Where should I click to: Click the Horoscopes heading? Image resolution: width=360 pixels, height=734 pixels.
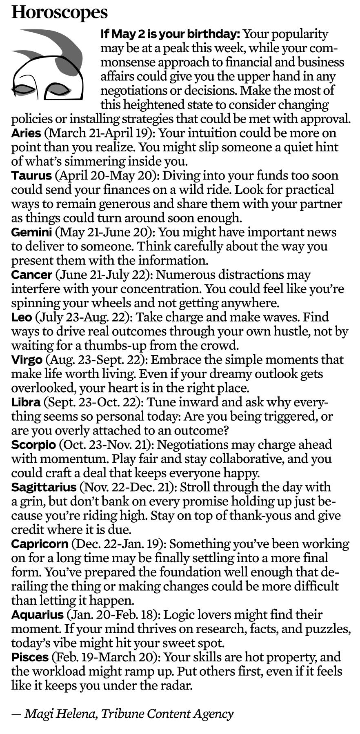(x=60, y=12)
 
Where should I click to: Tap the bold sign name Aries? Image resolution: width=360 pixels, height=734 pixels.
(x=26, y=133)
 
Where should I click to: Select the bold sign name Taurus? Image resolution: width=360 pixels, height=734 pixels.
(x=31, y=176)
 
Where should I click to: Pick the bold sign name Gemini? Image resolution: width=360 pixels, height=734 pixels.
(x=31, y=233)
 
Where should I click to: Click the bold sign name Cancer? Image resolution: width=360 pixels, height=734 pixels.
(x=31, y=275)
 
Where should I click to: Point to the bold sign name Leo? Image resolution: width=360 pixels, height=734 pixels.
(x=21, y=317)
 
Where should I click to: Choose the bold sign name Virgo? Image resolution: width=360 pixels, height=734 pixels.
(x=27, y=360)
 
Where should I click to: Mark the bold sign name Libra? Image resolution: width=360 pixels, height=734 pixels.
(x=26, y=402)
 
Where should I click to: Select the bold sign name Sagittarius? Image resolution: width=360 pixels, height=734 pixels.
(x=44, y=487)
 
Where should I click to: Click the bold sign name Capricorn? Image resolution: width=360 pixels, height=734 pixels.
(x=40, y=544)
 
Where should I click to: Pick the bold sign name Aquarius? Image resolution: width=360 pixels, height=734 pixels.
(x=37, y=615)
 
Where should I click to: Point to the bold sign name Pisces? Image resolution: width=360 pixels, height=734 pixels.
(x=30, y=657)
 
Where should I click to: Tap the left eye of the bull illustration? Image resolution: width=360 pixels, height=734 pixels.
(x=23, y=89)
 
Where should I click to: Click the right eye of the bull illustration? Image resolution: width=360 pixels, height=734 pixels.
(x=58, y=89)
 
